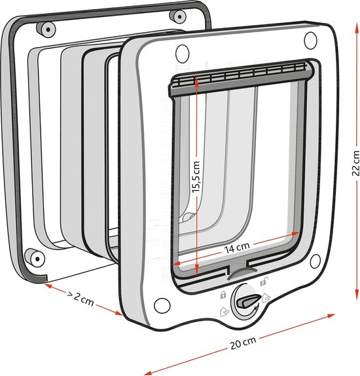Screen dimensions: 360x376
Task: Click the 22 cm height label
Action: (355, 163)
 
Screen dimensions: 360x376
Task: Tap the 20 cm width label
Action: (243, 343)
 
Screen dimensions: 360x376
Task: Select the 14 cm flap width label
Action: (237, 248)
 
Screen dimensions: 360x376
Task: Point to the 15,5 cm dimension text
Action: (196, 177)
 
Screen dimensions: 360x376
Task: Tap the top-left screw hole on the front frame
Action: (182, 54)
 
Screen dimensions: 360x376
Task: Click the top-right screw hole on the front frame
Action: (310, 41)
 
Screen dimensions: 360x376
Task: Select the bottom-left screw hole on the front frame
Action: (162, 305)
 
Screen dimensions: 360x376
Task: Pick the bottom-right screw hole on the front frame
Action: (315, 261)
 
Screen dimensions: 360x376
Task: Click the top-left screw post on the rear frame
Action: (46, 29)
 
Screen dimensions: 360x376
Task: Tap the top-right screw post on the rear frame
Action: (177, 16)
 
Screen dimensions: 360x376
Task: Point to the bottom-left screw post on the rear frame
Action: (35, 257)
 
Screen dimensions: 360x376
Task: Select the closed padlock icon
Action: (223, 295)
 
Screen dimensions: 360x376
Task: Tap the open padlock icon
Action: (264, 281)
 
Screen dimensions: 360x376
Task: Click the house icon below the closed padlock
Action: (224, 312)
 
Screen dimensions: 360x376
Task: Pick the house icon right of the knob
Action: (266, 297)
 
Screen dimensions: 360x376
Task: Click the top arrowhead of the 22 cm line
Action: (356, 28)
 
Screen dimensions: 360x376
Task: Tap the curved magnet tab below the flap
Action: (242, 273)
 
